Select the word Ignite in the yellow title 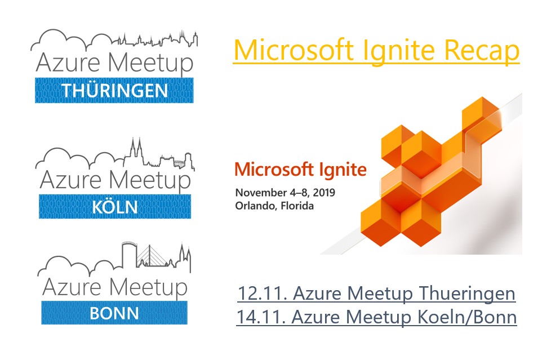398,51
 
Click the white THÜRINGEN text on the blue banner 114,90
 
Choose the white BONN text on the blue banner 114,313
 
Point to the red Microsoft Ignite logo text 300,170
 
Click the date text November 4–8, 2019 285,193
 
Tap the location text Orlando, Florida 274,206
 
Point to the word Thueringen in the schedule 467,294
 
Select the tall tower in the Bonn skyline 128,254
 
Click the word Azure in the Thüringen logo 68,62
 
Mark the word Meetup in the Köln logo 150,181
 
